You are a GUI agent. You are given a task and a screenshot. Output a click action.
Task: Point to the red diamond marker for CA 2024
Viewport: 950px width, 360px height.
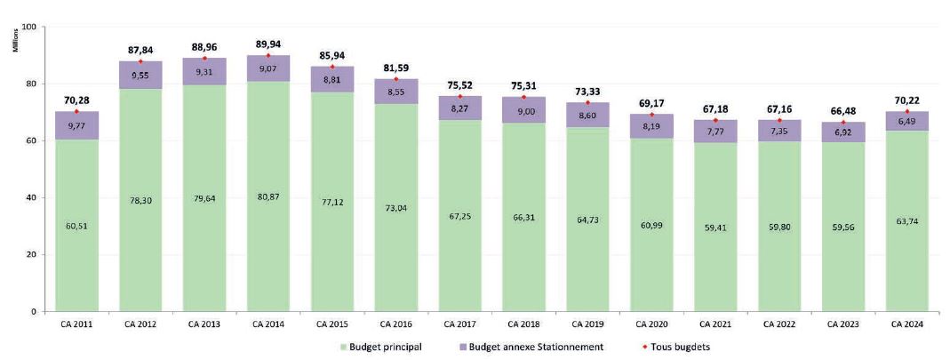click(906, 111)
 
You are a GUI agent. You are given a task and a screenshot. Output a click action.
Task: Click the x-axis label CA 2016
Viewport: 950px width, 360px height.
click(397, 324)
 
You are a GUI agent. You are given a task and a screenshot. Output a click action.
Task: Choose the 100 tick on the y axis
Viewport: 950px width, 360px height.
click(28, 27)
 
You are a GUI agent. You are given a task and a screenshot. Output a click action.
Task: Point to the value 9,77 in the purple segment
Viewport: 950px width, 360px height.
click(76, 126)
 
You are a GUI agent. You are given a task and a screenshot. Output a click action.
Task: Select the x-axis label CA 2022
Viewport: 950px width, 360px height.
click(779, 324)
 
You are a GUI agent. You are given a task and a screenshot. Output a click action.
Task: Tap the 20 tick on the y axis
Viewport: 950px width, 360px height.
click(31, 255)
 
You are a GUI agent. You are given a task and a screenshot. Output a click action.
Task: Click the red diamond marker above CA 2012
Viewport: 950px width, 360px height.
click(140, 61)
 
